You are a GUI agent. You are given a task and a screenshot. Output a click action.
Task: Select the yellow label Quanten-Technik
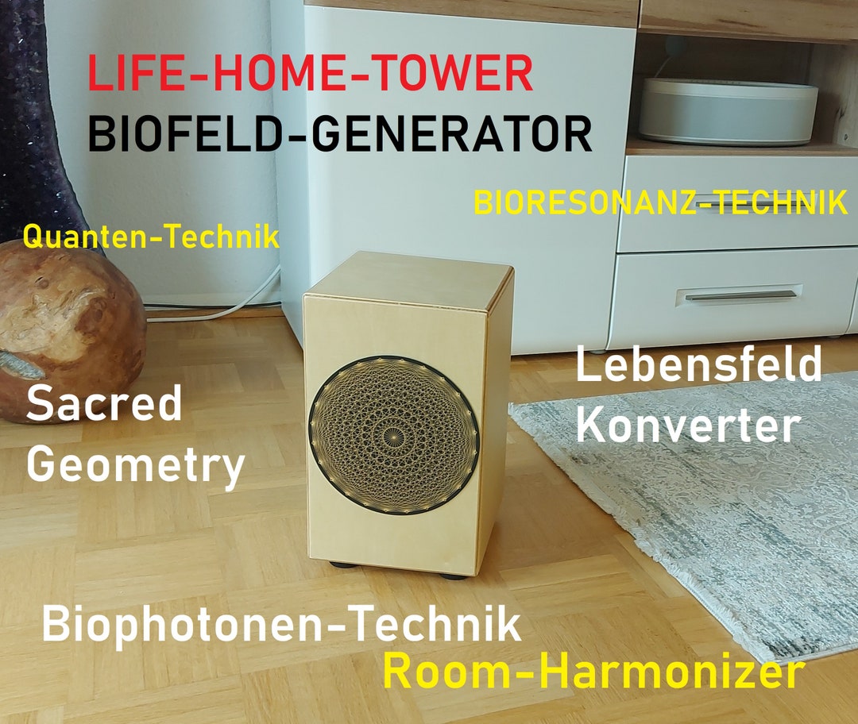point(151,237)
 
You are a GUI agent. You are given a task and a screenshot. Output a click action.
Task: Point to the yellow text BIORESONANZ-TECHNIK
point(660,203)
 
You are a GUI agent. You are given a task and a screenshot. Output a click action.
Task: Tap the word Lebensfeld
point(698,366)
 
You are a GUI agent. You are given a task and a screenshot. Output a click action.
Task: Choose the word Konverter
point(687,426)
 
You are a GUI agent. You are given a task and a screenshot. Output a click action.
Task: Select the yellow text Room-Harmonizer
point(593,672)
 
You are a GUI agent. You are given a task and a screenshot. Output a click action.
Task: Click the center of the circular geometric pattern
point(395,433)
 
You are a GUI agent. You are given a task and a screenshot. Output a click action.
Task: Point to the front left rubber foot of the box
point(343,564)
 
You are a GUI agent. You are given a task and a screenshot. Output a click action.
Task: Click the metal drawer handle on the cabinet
point(739,296)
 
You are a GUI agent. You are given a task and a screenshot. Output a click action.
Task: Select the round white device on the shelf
point(728,111)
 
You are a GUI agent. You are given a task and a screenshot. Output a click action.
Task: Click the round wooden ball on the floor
point(64,318)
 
